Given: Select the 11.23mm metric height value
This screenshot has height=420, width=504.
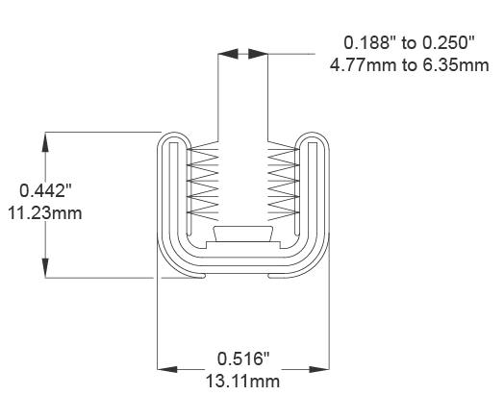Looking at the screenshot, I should pos(43,212).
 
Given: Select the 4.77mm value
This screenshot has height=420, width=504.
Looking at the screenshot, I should pos(365,65).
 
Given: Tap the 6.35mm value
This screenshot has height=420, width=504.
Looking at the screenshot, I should pos(456,65).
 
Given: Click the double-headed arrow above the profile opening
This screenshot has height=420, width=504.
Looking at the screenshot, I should pos(242,54).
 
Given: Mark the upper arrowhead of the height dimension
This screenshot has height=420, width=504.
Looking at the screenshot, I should pos(44,141).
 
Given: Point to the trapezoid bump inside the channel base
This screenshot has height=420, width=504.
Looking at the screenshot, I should pos(242,234).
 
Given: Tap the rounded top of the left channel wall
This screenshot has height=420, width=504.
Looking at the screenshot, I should pos(171,137).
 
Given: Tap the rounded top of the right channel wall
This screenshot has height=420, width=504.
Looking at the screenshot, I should pos(315,137).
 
